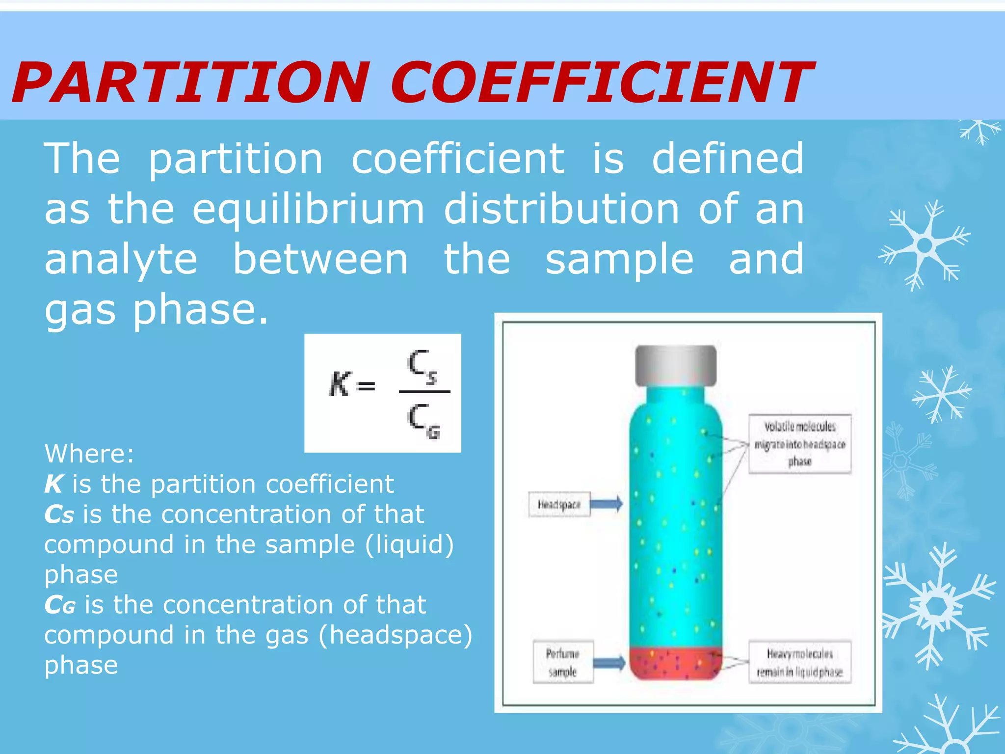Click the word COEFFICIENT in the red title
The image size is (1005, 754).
(601, 82)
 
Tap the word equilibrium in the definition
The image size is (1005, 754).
(308, 210)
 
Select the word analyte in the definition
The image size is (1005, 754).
(121, 260)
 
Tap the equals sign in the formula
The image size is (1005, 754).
(366, 386)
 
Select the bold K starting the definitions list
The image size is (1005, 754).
(53, 484)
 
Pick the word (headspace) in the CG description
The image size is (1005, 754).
(396, 635)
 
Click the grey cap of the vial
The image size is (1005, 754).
(676, 365)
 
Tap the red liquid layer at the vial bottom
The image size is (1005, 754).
(676, 664)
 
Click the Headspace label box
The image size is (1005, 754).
(559, 504)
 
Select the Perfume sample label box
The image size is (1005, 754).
(563, 662)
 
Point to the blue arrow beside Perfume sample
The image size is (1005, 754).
(609, 663)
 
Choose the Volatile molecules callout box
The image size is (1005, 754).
(799, 444)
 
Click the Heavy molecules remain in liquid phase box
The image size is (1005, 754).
(799, 663)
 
